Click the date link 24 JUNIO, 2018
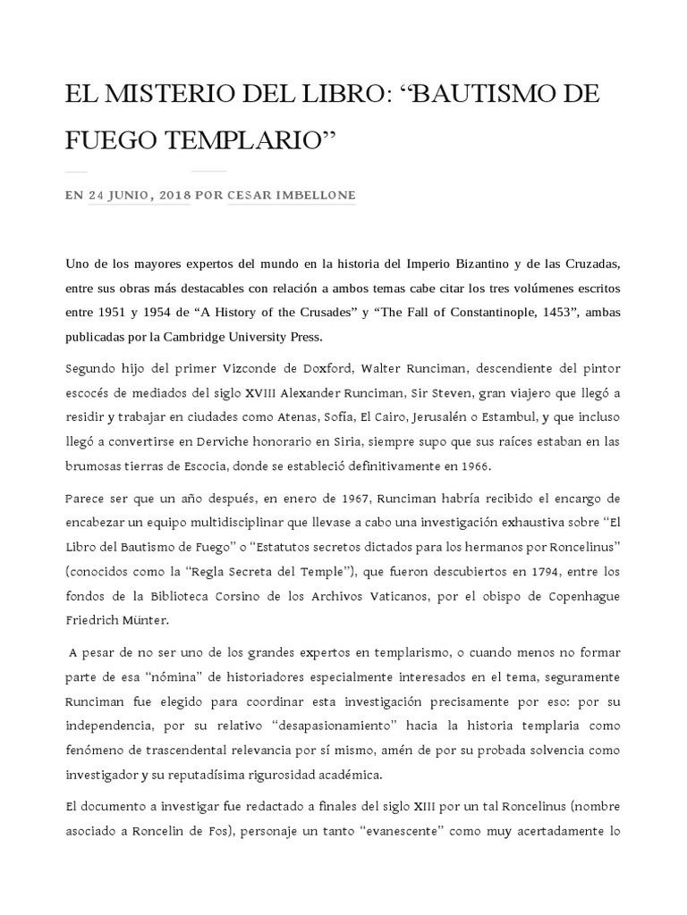pyautogui.click(x=139, y=196)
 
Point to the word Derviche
pyautogui.click(x=223, y=442)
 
